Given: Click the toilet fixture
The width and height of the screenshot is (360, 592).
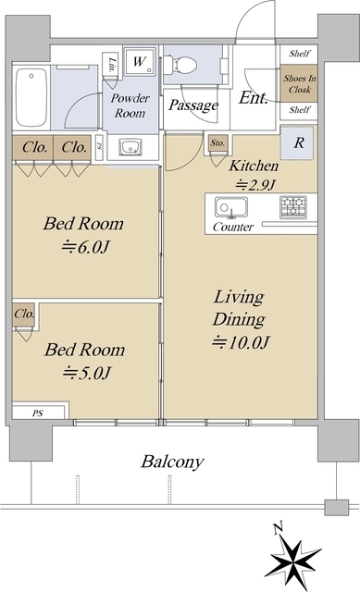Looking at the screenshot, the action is [x=180, y=65].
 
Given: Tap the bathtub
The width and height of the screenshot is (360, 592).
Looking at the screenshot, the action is [x=31, y=97].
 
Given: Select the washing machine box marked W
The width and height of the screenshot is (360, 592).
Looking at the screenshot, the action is [x=140, y=61].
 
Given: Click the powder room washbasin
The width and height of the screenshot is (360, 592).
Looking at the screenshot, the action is [x=130, y=147].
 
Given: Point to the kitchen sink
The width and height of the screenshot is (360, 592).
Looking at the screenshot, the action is [x=231, y=207].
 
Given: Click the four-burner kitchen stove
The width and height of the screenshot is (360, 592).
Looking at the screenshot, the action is [x=293, y=207].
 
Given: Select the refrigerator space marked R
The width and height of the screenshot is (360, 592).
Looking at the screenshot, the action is [x=299, y=142].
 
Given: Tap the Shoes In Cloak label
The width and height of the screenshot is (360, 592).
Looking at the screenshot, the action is [x=300, y=84].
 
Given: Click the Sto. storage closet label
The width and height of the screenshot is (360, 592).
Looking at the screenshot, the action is [x=217, y=143].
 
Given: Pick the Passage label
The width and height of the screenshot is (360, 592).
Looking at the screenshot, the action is [x=193, y=105].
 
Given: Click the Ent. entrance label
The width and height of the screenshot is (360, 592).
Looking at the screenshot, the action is [x=254, y=98].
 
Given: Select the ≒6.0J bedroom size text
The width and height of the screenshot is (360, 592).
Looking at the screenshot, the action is [x=86, y=248].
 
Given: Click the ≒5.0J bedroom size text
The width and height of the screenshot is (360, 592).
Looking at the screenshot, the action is [x=86, y=374].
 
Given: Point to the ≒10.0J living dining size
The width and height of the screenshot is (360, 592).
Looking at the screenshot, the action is [x=241, y=342].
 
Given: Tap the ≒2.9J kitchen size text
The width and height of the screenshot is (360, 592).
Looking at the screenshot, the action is [x=256, y=185].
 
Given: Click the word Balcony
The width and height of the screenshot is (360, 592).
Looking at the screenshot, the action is [x=172, y=462].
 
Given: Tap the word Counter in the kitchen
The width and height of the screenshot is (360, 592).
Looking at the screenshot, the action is [x=233, y=227].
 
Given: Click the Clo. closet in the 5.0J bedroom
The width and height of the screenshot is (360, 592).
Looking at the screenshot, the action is [x=24, y=314].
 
